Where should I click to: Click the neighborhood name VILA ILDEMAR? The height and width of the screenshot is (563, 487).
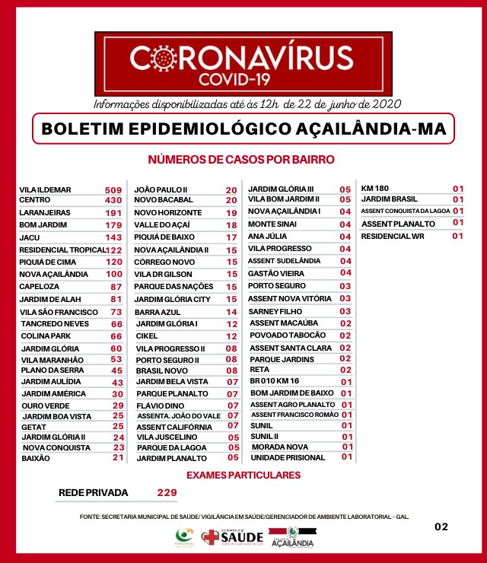coord(46,189)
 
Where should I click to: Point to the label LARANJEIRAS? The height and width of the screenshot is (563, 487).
coord(44,213)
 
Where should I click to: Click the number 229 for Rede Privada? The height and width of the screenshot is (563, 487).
coord(167,493)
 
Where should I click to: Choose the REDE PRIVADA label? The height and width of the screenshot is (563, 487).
coord(93,493)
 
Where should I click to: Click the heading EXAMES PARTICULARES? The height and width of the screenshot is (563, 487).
coord(243,476)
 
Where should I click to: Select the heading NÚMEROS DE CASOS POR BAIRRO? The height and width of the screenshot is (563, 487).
coord(241,160)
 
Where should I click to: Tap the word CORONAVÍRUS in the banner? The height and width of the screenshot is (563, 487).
coord(242,58)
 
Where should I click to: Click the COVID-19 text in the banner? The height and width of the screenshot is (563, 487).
coord(242,79)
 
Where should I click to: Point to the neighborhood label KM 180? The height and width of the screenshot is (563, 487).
coord(374,188)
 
